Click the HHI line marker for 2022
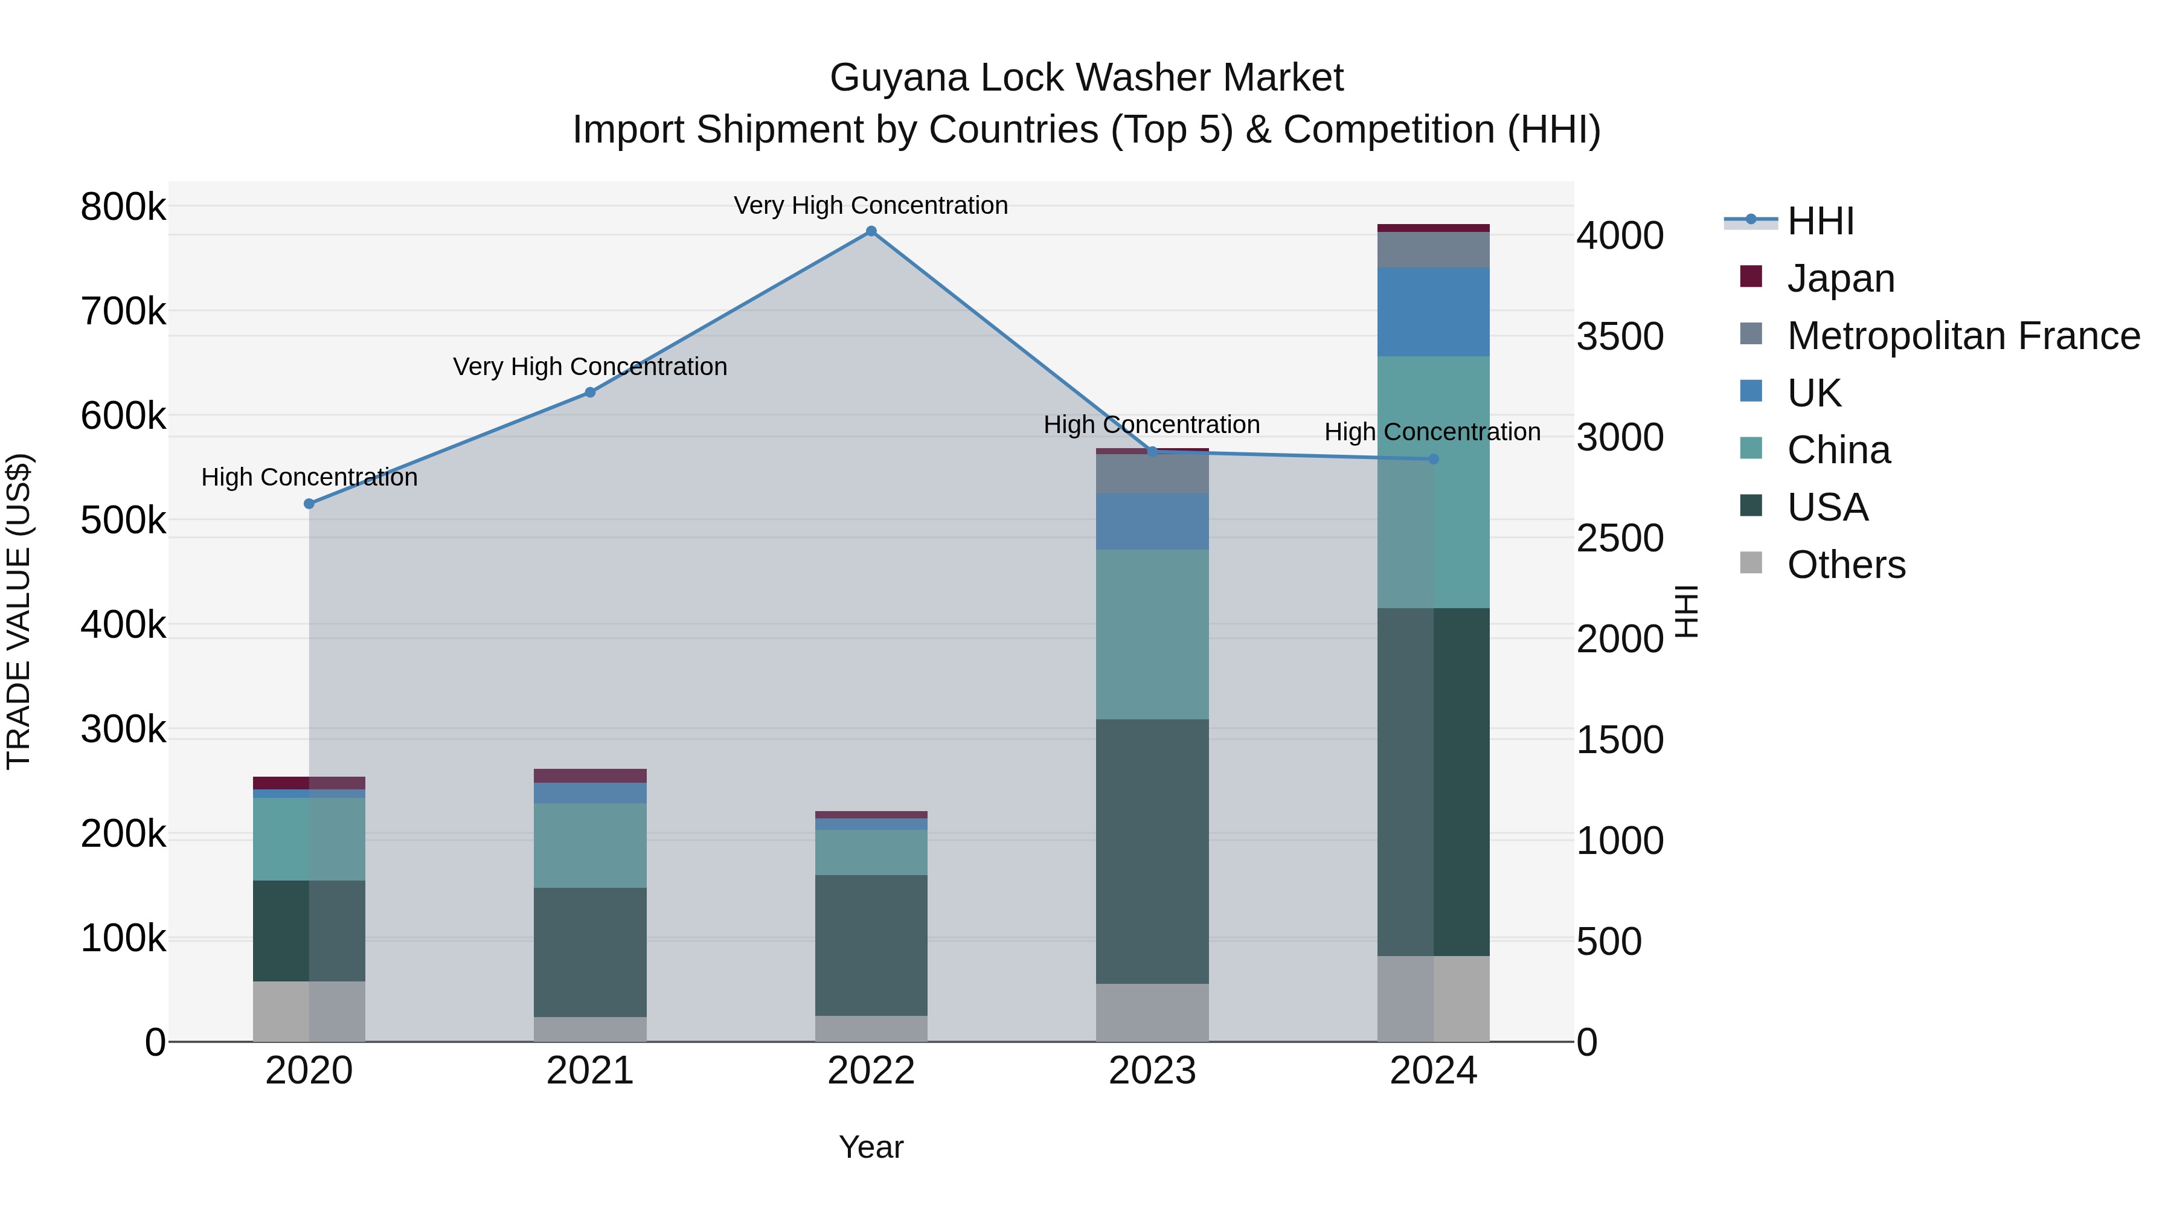[x=871, y=231]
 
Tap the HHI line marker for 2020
[x=309, y=504]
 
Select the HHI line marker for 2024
[x=1433, y=459]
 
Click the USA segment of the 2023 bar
[x=1152, y=851]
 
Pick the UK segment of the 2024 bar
[x=1433, y=312]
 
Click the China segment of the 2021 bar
[x=590, y=845]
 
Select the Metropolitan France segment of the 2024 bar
[x=1433, y=250]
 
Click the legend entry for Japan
[x=1840, y=278]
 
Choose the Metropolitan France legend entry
[x=1962, y=335]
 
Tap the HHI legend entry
[x=1820, y=221]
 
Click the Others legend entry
[x=1845, y=564]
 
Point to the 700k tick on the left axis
[x=123, y=312]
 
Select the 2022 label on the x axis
[x=871, y=1071]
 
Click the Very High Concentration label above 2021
[x=590, y=367]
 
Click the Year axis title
[x=871, y=1147]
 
